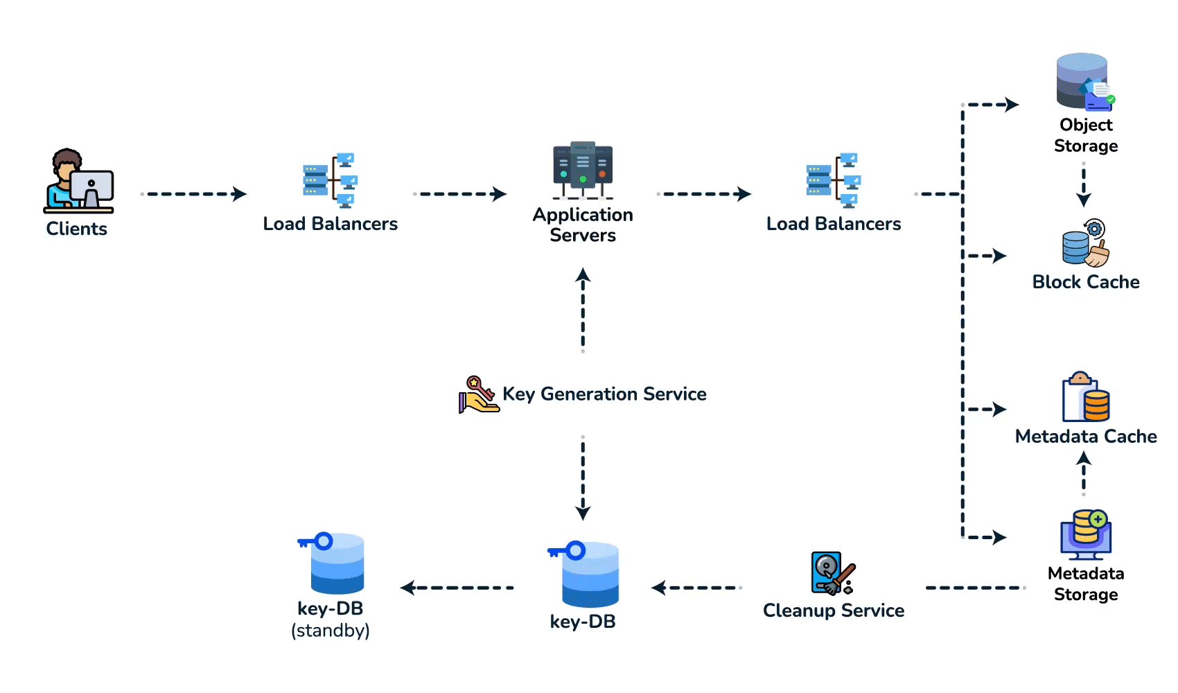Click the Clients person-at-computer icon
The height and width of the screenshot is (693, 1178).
pyautogui.click(x=78, y=180)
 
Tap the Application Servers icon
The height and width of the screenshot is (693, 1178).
pyautogui.click(x=583, y=170)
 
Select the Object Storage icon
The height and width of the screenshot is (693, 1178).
pyautogui.click(x=1085, y=82)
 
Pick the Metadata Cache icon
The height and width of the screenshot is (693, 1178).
pyautogui.click(x=1086, y=396)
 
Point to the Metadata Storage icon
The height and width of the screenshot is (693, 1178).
pyautogui.click(x=1085, y=535)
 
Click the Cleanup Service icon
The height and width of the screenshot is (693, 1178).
pyautogui.click(x=833, y=573)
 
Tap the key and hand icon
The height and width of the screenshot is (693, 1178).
pyautogui.click(x=479, y=394)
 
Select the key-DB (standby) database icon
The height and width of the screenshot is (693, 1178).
pyautogui.click(x=331, y=563)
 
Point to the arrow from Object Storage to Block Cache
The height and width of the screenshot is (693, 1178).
pyautogui.click(x=1083, y=184)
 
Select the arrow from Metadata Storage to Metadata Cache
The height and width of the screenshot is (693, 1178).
pyautogui.click(x=1083, y=473)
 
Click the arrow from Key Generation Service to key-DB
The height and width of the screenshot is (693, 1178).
pyautogui.click(x=583, y=478)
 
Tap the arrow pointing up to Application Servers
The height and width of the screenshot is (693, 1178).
pyautogui.click(x=583, y=310)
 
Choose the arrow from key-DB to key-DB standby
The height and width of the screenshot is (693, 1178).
pyautogui.click(x=457, y=588)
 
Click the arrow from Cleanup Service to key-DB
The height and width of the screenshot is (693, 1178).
pyautogui.click(x=696, y=588)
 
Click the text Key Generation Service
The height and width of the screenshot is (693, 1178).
pyautogui.click(x=604, y=394)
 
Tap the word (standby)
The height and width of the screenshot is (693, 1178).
pyautogui.click(x=331, y=630)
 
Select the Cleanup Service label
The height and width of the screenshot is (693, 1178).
pyautogui.click(x=834, y=611)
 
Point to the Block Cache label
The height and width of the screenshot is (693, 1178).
pyautogui.click(x=1086, y=282)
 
